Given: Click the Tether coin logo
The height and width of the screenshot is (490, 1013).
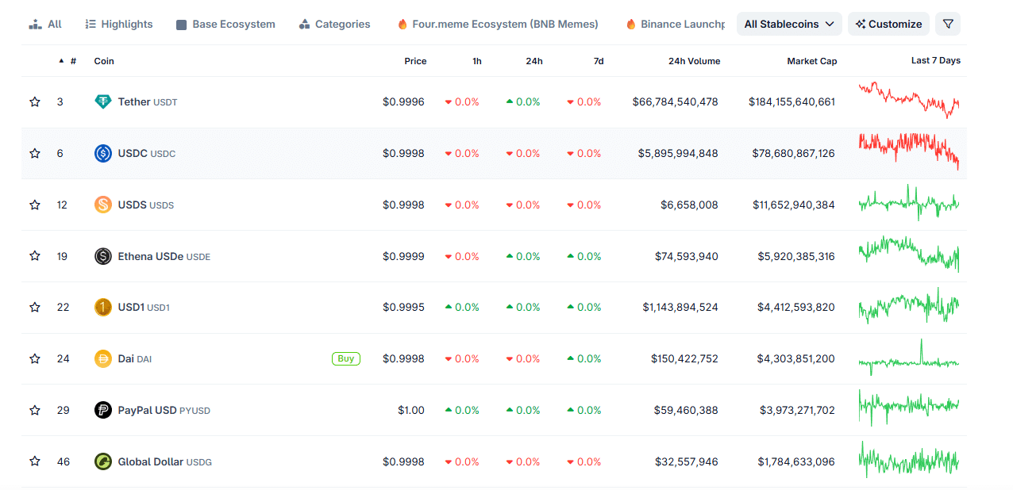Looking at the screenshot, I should [x=103, y=101].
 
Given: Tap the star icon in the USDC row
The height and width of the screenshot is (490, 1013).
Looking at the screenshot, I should [x=35, y=153].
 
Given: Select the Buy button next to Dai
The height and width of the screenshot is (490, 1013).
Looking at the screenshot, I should [x=346, y=358].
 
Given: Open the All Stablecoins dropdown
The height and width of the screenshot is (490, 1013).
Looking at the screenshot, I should [x=789, y=24].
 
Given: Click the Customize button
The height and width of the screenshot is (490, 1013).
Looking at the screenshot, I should [x=888, y=24].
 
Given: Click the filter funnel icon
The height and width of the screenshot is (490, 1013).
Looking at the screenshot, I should [x=948, y=24].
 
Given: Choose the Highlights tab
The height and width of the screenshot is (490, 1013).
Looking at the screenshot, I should [x=119, y=24].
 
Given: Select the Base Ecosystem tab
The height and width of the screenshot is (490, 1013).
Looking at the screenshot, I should [x=226, y=24].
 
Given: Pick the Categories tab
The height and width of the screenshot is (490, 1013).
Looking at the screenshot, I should [x=335, y=24].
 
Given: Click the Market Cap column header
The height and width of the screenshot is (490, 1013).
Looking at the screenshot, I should [x=811, y=61].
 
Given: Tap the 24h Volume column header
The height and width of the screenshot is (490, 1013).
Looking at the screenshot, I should [x=694, y=61].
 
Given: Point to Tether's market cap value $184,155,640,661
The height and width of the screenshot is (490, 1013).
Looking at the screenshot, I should [x=792, y=101].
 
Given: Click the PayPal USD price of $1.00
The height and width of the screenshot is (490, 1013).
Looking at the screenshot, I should [x=411, y=410].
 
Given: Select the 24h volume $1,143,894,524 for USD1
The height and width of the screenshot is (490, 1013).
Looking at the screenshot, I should [x=680, y=307].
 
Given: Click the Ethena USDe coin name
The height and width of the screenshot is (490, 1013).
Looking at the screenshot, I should [x=151, y=256].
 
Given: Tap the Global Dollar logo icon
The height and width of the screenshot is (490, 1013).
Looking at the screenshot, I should [x=103, y=461].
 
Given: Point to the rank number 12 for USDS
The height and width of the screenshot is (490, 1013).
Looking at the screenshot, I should [x=62, y=205].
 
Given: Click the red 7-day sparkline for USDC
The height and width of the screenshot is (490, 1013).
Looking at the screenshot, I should [x=909, y=151].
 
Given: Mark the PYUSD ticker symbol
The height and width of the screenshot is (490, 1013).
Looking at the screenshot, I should [x=195, y=411].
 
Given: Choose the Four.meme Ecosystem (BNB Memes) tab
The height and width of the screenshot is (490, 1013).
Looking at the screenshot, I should [x=498, y=24].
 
